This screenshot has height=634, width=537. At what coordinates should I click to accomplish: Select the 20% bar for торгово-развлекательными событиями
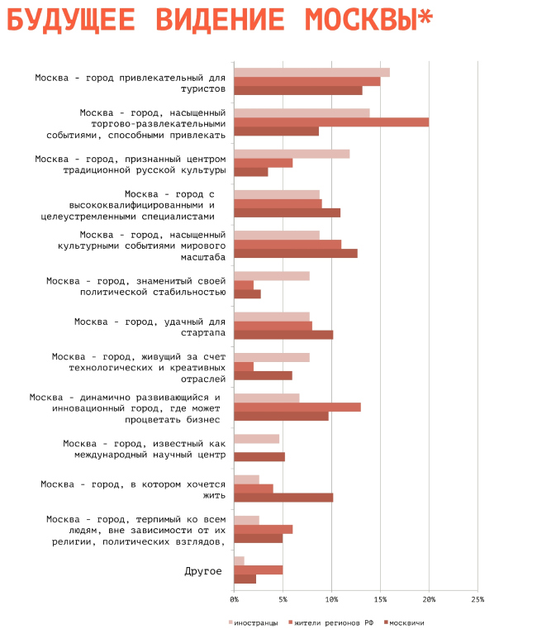point(331,122)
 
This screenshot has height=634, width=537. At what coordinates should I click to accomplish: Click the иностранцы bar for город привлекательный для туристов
point(311,73)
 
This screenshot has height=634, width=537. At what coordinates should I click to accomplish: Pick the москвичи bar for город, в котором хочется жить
point(283,498)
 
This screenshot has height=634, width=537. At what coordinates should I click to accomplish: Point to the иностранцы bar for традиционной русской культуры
point(292,154)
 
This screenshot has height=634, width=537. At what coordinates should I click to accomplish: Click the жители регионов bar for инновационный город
point(297,407)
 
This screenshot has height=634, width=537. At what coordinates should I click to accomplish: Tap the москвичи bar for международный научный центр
point(259,456)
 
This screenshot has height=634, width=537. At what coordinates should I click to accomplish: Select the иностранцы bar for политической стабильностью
point(272,276)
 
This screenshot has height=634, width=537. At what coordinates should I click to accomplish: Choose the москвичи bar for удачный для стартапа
point(283,335)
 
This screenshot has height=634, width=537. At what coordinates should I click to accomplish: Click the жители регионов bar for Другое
point(259,570)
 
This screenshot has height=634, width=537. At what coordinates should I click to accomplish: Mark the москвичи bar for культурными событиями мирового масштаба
point(296,253)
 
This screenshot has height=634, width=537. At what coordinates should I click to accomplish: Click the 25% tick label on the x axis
point(478,598)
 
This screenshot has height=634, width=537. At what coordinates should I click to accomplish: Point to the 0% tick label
point(235,598)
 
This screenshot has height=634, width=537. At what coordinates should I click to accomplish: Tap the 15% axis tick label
point(380,598)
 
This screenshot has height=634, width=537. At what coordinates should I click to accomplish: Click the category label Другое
point(202,570)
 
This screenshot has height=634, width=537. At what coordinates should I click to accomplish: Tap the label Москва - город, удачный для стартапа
point(150,327)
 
